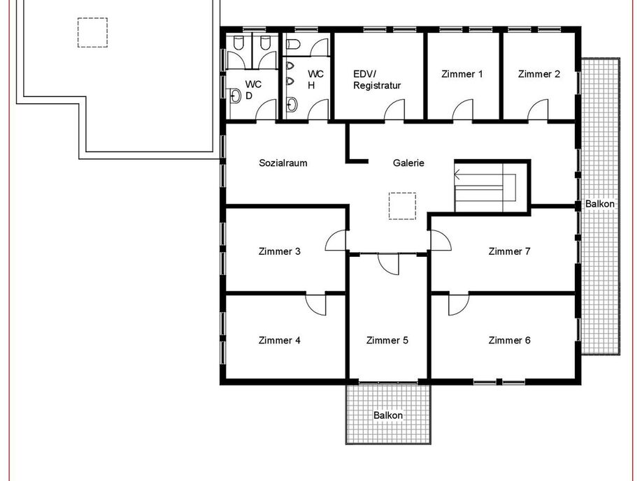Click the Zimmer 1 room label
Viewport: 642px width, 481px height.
(x=462, y=74)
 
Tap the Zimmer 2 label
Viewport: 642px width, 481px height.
(x=538, y=74)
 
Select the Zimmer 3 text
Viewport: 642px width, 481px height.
(x=279, y=251)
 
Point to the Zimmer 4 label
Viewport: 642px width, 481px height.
(x=279, y=340)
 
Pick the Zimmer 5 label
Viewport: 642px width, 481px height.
(x=387, y=340)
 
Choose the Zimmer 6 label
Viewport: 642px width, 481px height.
(x=509, y=340)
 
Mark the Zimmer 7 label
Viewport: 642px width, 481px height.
(x=509, y=251)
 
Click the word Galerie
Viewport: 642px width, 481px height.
(x=408, y=163)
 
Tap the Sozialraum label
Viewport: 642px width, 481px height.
(x=283, y=163)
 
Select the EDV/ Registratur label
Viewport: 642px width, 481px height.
(x=377, y=80)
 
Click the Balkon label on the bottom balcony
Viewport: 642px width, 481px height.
(x=388, y=415)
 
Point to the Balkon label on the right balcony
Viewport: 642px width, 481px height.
(x=600, y=204)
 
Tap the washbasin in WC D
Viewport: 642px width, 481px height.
(x=234, y=96)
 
